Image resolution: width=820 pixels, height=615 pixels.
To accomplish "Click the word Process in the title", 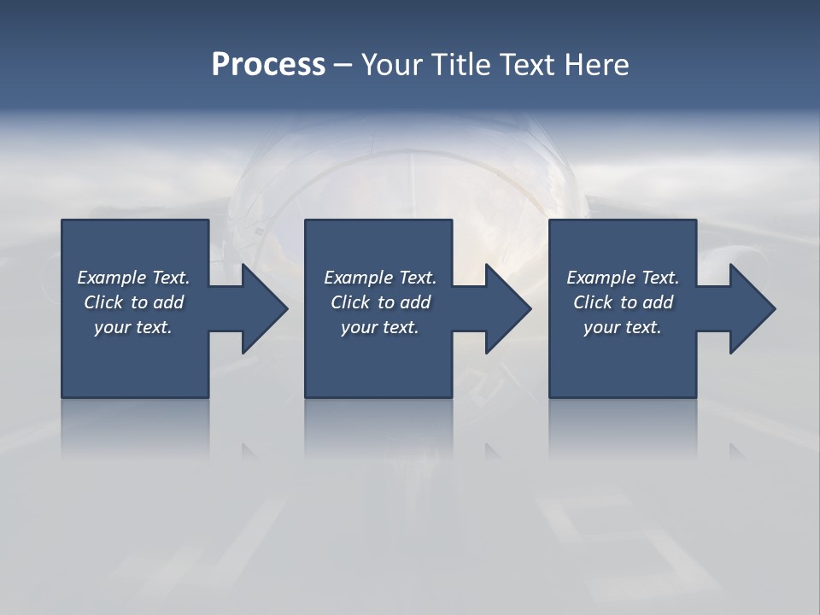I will (268, 65).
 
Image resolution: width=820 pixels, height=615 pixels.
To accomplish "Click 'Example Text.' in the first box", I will (133, 278).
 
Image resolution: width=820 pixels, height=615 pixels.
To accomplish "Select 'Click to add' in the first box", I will (133, 302).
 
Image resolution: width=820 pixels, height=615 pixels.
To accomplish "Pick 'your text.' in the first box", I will (133, 327).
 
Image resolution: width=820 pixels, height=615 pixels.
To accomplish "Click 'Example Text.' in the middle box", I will (380, 278).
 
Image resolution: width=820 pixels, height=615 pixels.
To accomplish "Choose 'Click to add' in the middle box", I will (380, 302).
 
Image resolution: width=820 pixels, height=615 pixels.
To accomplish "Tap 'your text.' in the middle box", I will (380, 327).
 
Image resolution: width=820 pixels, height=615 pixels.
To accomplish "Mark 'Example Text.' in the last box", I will (623, 278).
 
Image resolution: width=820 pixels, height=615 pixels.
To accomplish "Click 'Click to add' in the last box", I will (623, 302).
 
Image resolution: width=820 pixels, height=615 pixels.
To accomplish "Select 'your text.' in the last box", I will (623, 327).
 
